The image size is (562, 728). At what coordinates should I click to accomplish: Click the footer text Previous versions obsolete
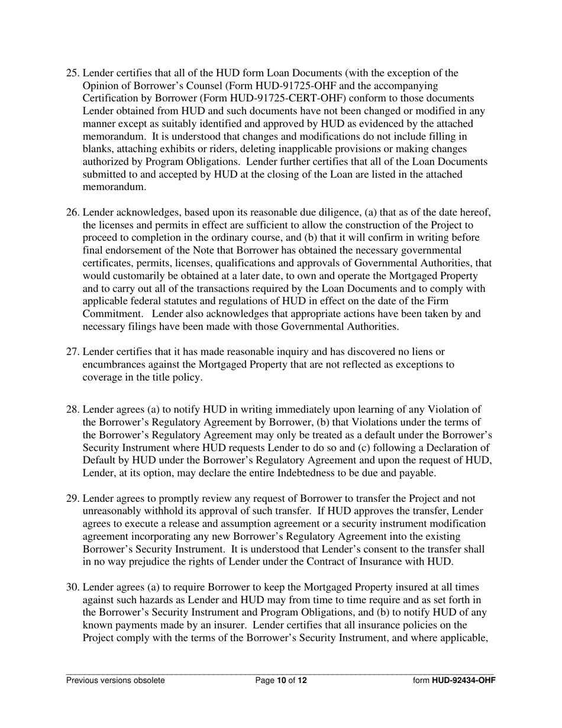[x=115, y=680]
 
